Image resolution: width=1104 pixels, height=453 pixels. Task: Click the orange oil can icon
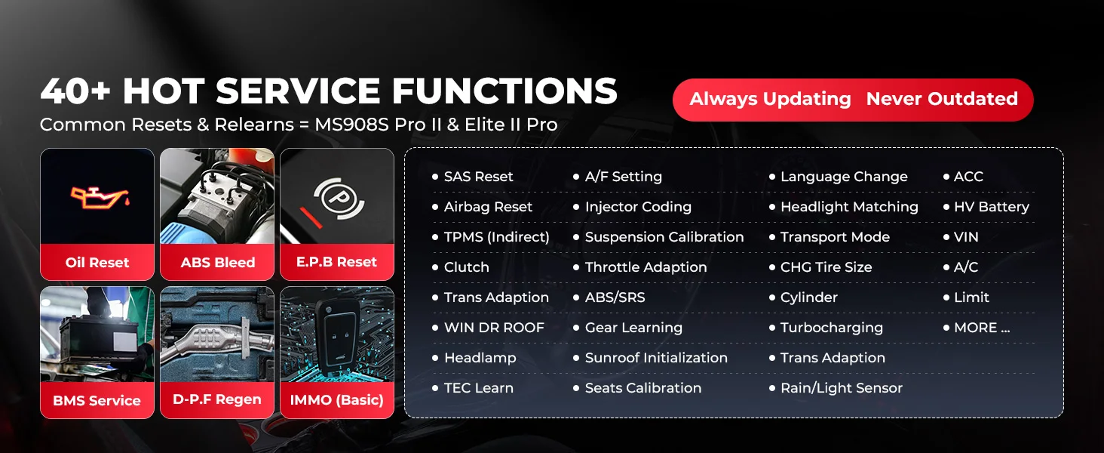100,197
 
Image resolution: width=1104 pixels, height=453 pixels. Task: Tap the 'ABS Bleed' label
218,263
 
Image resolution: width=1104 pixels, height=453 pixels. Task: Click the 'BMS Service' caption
97,400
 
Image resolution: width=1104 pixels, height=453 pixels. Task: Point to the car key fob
338,337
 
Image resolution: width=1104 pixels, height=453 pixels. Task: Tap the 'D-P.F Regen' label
217,399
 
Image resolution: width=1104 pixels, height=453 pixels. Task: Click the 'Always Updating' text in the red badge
771,99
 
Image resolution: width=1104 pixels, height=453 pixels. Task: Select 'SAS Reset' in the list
479,177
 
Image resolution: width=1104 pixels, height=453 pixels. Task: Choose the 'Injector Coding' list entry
638,207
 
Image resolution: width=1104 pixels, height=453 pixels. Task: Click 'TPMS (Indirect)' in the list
497,237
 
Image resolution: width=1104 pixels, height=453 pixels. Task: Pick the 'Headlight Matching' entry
849,207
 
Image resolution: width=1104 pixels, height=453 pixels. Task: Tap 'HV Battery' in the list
992,207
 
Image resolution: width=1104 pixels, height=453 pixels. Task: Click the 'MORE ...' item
983,328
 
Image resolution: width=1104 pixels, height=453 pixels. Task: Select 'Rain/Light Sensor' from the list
842,388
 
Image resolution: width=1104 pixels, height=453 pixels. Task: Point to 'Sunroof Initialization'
656,358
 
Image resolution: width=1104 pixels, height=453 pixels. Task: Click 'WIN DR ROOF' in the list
494,328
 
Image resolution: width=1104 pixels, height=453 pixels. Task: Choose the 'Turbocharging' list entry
832,328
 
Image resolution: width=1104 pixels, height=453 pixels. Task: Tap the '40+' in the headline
75,91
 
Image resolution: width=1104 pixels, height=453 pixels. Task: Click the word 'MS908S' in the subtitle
352,125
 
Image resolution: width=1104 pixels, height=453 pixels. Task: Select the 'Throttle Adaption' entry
646,267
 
